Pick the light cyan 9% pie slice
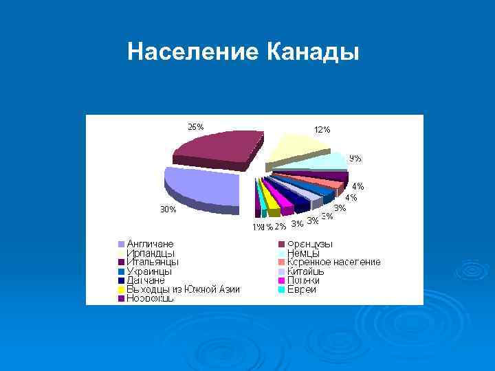point(330,162)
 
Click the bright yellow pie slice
point(271,200)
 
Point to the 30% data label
point(168,210)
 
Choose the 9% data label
point(355,158)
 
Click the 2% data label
point(280,226)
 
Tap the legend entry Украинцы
point(149,271)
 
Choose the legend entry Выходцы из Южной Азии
point(183,289)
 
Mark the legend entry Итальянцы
point(153,262)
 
